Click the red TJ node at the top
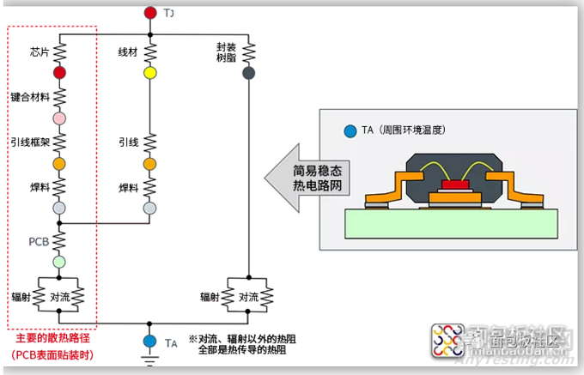click(x=150, y=13)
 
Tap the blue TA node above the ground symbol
click(x=150, y=342)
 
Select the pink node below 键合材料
click(x=59, y=118)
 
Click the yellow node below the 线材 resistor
click(x=150, y=74)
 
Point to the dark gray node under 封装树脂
click(x=248, y=74)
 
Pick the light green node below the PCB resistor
click(x=59, y=261)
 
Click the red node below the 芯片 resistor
click(x=59, y=74)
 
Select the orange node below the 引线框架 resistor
click(x=59, y=163)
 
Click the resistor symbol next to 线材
click(x=150, y=54)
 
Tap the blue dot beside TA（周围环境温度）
click(x=350, y=131)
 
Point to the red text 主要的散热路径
click(x=52, y=340)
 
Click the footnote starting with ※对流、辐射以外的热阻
click(x=239, y=344)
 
